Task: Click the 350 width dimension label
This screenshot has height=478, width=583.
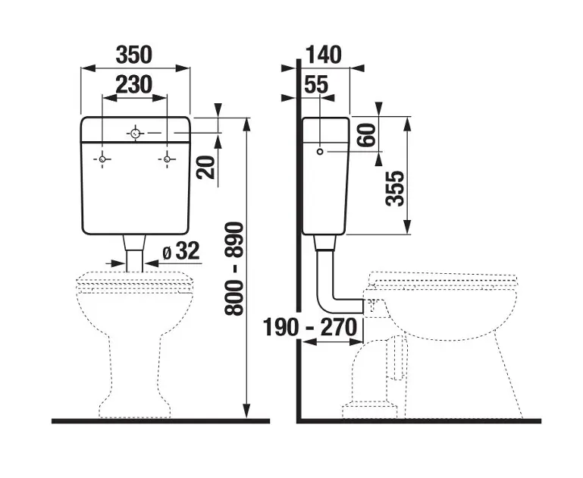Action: pos(135,55)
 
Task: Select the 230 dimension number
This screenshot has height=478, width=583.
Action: pos(134,84)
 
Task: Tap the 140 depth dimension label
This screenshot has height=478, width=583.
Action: pos(324,55)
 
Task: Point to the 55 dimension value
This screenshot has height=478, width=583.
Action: pos(316,85)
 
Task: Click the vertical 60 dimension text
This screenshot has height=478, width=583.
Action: pos(366,136)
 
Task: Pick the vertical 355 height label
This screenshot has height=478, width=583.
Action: pos(394,187)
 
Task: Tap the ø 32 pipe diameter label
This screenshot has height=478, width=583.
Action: pos(180,251)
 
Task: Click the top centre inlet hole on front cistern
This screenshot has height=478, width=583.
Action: pos(136,134)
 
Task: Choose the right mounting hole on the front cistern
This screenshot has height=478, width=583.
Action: pos(168,158)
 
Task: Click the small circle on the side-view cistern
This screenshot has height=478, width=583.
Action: pos(321,152)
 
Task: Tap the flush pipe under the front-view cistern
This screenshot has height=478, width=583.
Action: pos(136,252)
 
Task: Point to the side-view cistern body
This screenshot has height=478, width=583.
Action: pos(326,190)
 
